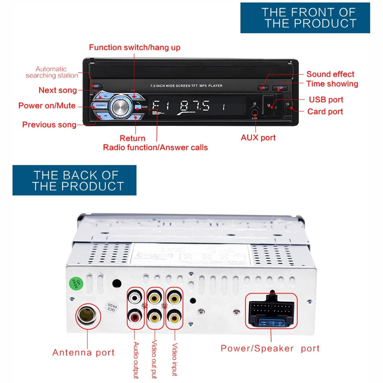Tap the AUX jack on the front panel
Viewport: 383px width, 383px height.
coord(254,112)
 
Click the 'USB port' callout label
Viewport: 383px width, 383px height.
coord(326,100)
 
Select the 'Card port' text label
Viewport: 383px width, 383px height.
coord(325,111)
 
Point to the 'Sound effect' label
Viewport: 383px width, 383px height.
coord(330,74)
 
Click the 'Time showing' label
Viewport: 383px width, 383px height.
coord(332,84)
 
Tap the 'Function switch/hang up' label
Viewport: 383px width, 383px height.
coord(134,48)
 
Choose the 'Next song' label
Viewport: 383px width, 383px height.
coord(57,90)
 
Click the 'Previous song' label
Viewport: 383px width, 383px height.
coord(49,124)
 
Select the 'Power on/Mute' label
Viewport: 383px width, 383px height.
coord(47,106)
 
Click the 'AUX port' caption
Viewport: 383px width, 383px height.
coord(258,138)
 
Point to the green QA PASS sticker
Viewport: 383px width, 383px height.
coord(76,283)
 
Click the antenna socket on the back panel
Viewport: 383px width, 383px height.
coord(88,316)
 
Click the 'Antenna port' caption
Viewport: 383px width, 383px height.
coord(83,352)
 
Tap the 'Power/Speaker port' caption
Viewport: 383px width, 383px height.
coord(270,348)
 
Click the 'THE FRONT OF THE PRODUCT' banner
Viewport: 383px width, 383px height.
coord(305,18)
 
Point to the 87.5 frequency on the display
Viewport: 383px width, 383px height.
coord(195,106)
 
